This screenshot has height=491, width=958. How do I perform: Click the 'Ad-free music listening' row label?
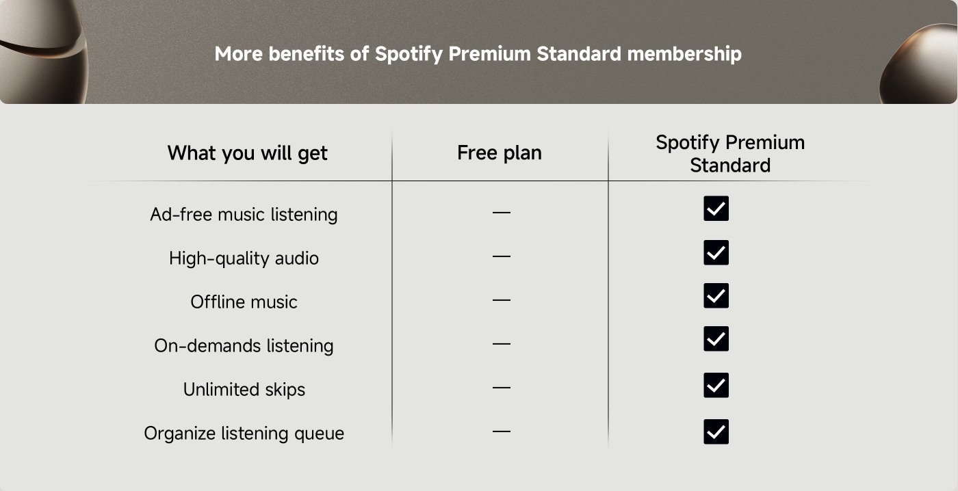pos(244,215)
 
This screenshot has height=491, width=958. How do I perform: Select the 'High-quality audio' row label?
pos(244,258)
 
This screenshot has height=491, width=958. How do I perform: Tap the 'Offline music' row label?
pos(244,302)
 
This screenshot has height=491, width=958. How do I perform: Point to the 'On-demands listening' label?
pos(244,346)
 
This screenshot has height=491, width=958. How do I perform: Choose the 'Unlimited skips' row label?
pos(244,390)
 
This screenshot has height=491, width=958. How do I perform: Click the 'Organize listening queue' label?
pos(244,434)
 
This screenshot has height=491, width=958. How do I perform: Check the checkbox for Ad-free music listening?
pos(716,209)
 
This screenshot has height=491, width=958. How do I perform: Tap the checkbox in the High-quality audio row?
pos(716,252)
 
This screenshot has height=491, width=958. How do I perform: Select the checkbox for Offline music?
pos(716,295)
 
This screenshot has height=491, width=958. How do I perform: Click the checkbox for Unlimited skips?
pos(716,385)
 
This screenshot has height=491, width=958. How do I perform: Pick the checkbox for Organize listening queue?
pos(716,432)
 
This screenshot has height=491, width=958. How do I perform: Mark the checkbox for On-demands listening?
pos(716,339)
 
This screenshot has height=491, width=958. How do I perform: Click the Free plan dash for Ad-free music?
pos(501,213)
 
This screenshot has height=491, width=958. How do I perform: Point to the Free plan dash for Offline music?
pos(501,300)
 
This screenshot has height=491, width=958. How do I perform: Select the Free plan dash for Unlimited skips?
pos(501,388)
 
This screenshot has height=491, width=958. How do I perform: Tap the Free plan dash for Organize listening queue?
pos(501,432)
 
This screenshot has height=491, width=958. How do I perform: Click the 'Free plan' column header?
pos(499,153)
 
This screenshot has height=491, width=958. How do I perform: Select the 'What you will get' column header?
pos(247,153)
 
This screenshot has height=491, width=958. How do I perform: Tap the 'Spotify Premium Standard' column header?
pos(729,154)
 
